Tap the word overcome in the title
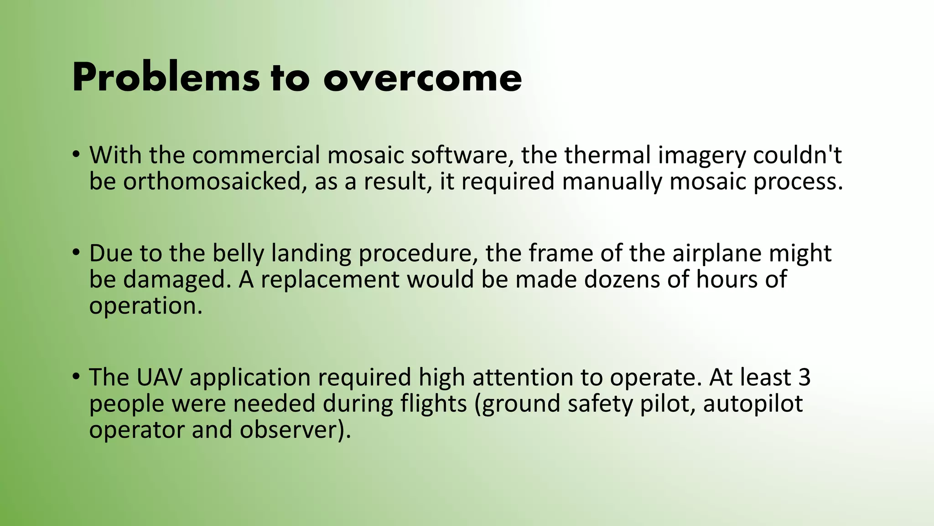pyautogui.click(x=422, y=79)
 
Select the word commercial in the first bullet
pyautogui.click(x=256, y=155)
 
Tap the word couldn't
pyautogui.click(x=797, y=155)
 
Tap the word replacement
pyautogui.click(x=330, y=279)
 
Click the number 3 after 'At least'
pyautogui.click(x=804, y=378)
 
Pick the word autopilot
pyautogui.click(x=752, y=404)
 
